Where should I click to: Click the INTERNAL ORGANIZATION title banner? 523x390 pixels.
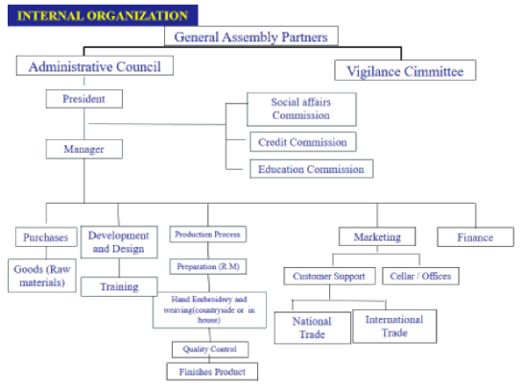click(x=103, y=15)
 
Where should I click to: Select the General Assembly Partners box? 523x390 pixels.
click(x=251, y=37)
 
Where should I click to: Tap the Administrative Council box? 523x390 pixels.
click(x=95, y=65)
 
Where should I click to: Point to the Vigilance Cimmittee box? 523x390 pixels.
click(x=405, y=70)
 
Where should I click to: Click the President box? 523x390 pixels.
click(x=84, y=99)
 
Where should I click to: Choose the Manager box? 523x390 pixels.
click(x=84, y=149)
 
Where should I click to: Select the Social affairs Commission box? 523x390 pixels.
click(x=301, y=110)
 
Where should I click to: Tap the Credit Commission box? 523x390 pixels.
click(x=303, y=142)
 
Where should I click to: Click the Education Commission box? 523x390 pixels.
click(x=312, y=169)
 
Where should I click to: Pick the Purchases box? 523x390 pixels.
click(x=46, y=237)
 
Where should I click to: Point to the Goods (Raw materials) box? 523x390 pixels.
click(x=42, y=276)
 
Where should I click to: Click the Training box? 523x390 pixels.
click(x=119, y=286)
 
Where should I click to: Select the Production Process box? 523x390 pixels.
click(x=208, y=234)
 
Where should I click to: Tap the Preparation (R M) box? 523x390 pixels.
click(x=208, y=266)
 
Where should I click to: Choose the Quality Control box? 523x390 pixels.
click(x=210, y=350)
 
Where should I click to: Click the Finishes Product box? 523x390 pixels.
click(x=212, y=372)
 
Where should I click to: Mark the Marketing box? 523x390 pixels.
click(x=377, y=236)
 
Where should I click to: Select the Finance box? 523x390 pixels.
click(x=475, y=237)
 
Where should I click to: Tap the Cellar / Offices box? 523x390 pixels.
click(x=420, y=276)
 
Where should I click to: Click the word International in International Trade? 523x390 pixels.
click(x=394, y=320)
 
